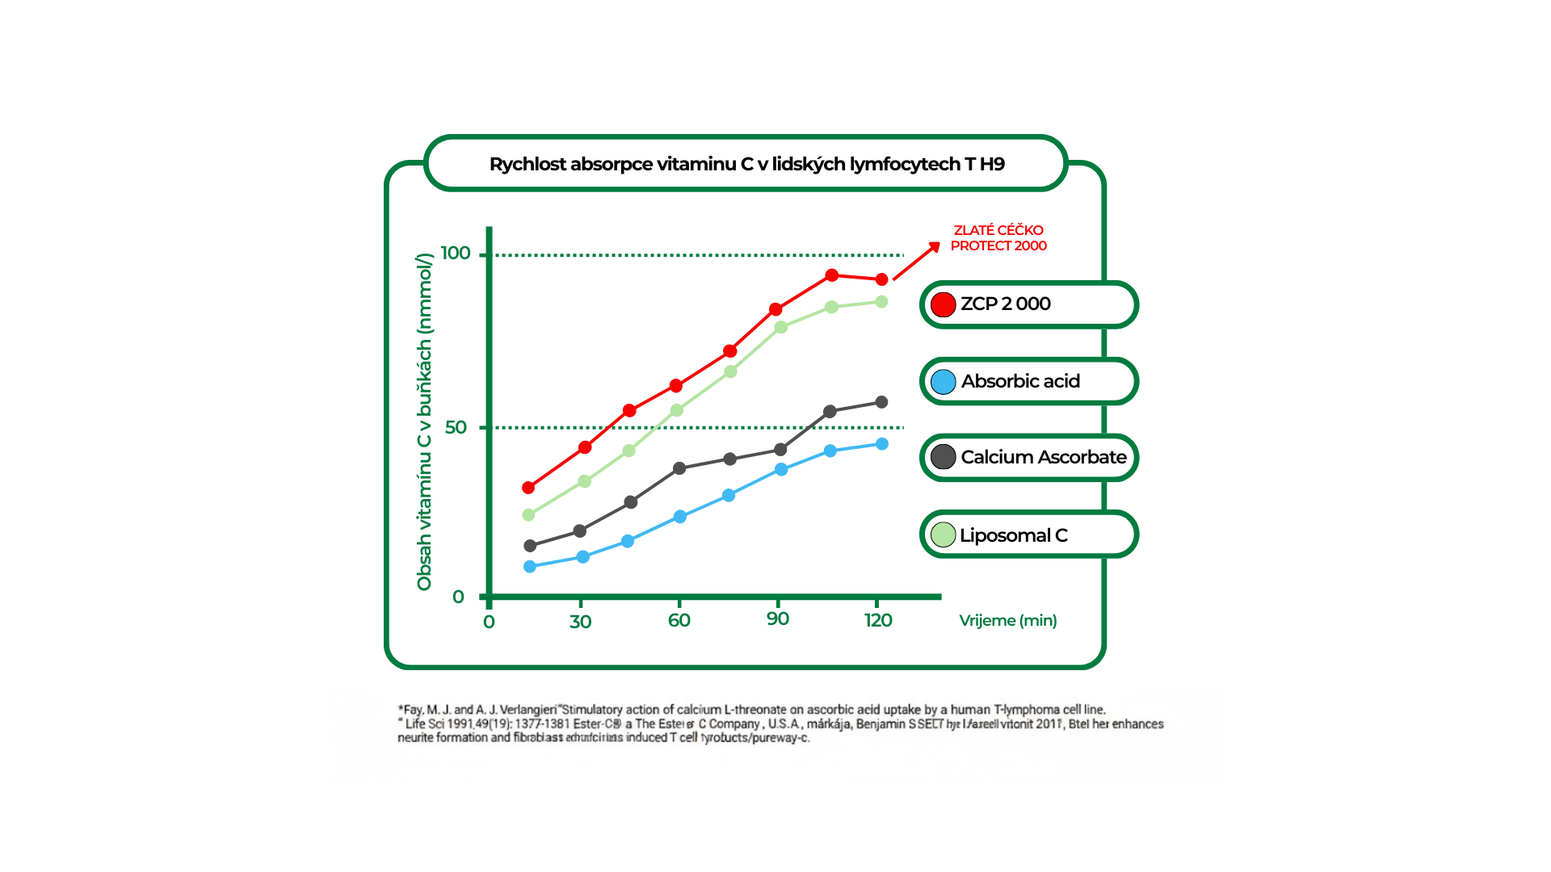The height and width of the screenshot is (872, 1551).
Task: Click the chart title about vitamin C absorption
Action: tap(746, 164)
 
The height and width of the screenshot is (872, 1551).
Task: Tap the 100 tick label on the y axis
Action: tap(456, 254)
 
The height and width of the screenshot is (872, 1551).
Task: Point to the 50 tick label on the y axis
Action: tap(456, 427)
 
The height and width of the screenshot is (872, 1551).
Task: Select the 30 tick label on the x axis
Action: tap(580, 622)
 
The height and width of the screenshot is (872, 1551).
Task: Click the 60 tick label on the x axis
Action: tap(679, 620)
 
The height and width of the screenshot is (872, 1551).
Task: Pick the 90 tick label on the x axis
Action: tap(778, 619)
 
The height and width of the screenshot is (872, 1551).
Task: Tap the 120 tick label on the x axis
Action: tap(878, 620)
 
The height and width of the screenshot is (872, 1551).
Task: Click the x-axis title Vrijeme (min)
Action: tap(1007, 620)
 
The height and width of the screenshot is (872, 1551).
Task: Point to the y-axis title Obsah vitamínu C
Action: tap(425, 421)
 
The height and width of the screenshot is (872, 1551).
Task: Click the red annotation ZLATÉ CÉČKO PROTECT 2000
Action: tap(998, 238)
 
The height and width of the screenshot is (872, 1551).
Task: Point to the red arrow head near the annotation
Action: tap(935, 247)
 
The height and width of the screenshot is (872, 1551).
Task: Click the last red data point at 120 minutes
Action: tap(882, 279)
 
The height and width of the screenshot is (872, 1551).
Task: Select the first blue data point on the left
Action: tap(530, 567)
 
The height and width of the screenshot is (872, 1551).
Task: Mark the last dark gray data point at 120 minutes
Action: tap(882, 402)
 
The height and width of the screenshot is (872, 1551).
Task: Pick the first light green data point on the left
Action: tap(529, 515)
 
